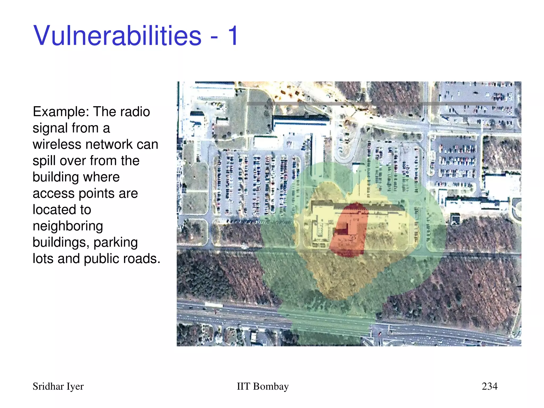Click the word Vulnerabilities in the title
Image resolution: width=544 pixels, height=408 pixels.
[117, 36]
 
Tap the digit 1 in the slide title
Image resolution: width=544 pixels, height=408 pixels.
[233, 36]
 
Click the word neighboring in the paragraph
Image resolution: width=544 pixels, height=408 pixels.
[68, 226]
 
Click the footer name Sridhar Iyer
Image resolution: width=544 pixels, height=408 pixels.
[58, 386]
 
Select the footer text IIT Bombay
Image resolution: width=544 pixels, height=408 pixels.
[262, 386]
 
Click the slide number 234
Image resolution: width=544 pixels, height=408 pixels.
[490, 386]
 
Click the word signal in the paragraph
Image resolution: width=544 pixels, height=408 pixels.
[50, 129]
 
